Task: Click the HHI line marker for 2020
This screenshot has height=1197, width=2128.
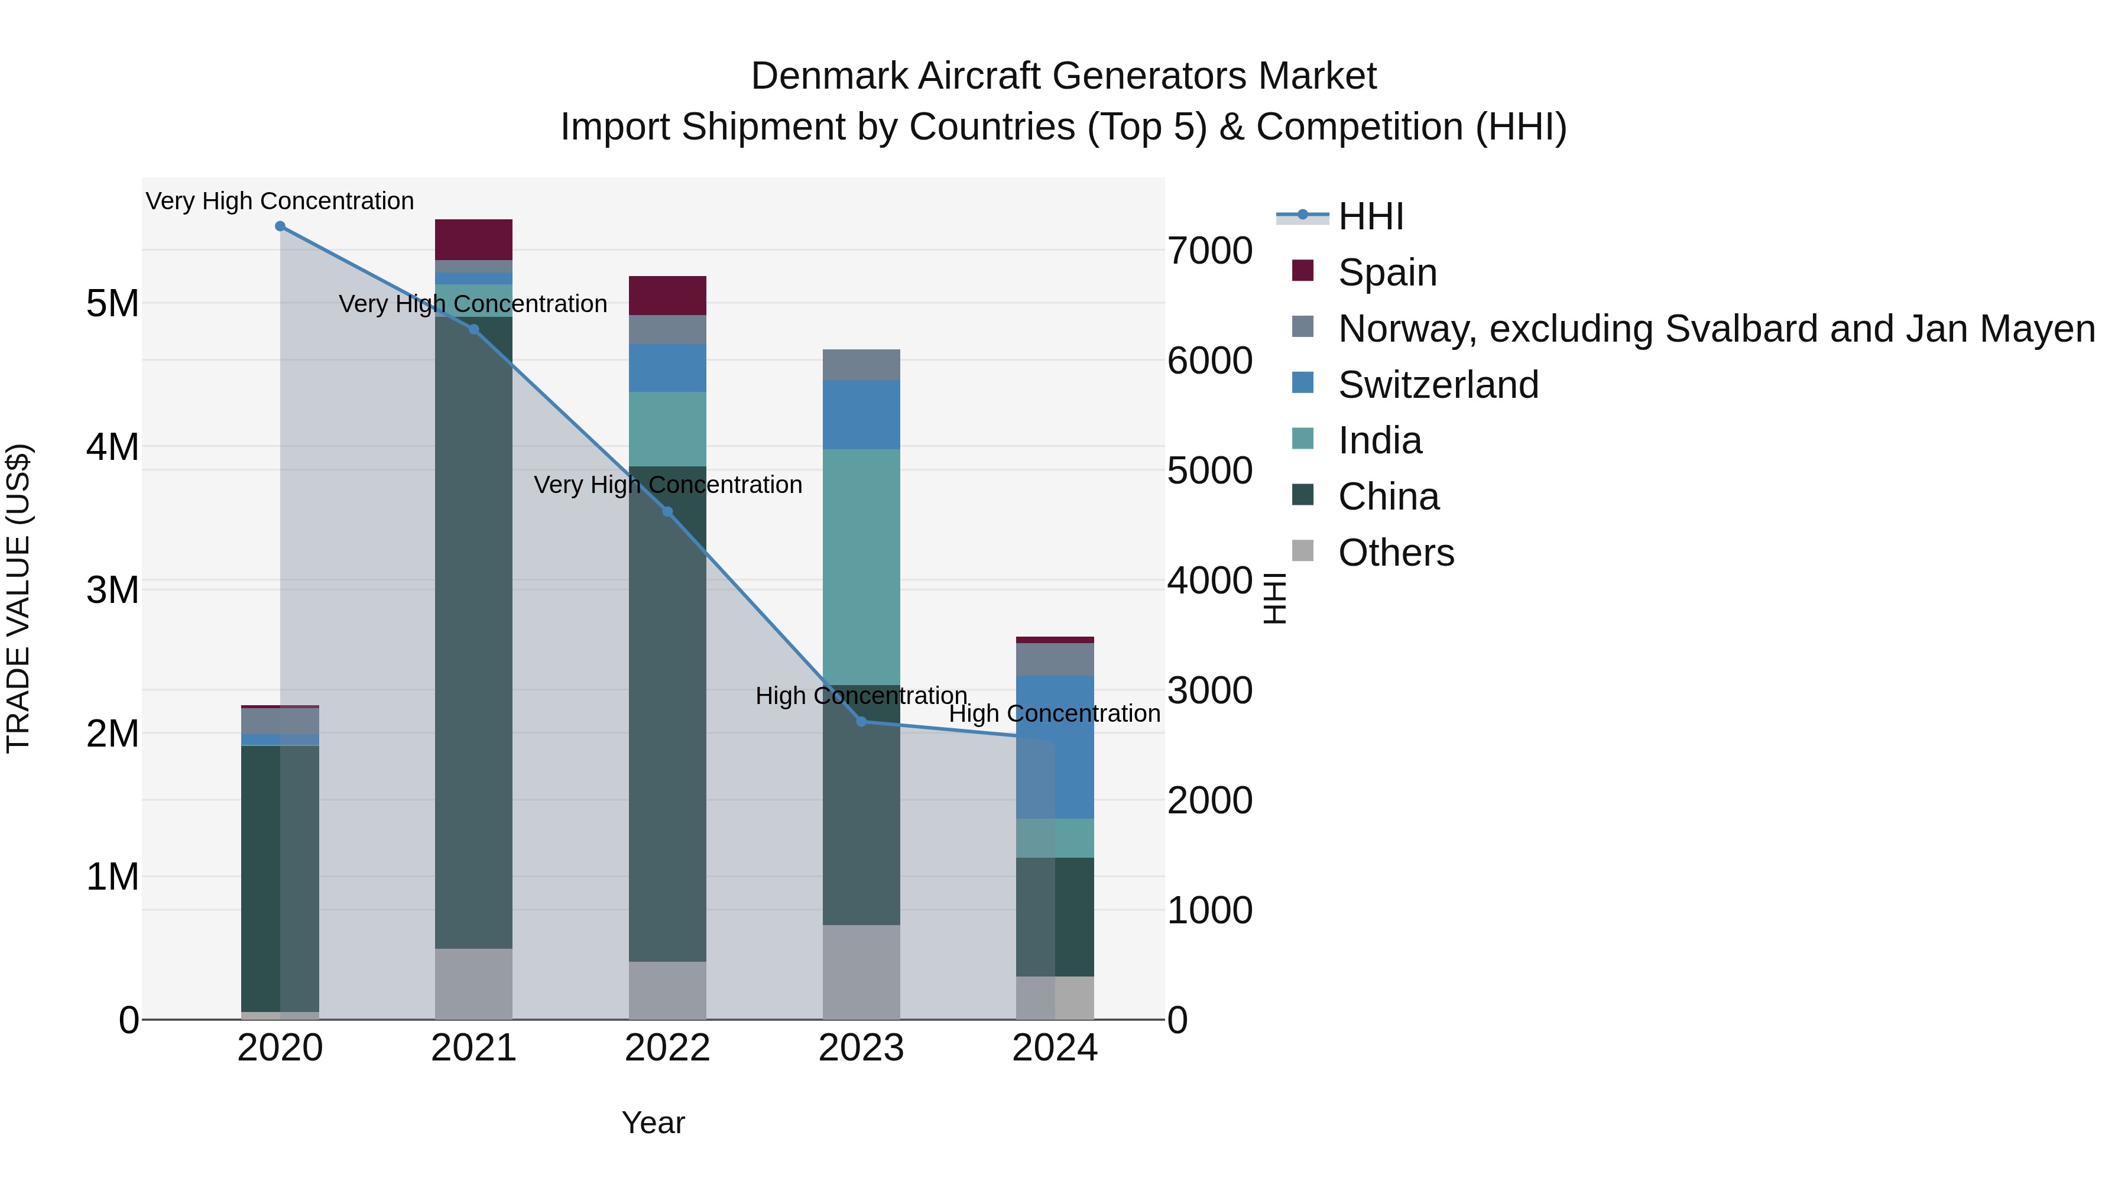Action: pyautogui.click(x=280, y=226)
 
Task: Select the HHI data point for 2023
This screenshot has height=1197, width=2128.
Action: pyautogui.click(x=861, y=721)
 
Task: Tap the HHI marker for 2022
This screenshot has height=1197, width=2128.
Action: pyautogui.click(x=667, y=512)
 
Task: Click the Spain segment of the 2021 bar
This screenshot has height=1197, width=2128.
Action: pyautogui.click(x=473, y=239)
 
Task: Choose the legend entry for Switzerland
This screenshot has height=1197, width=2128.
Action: pyautogui.click(x=1438, y=385)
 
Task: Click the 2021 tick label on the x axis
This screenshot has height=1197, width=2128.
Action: pyautogui.click(x=473, y=1048)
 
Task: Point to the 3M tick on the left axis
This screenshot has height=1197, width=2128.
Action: pyautogui.click(x=112, y=590)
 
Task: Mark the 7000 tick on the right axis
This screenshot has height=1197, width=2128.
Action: pyautogui.click(x=1209, y=251)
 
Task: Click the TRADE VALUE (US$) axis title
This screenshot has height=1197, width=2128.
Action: pyautogui.click(x=19, y=598)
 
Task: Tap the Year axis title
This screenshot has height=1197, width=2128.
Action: pyautogui.click(x=653, y=1123)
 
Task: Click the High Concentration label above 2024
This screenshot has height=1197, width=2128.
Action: pyautogui.click(x=1054, y=713)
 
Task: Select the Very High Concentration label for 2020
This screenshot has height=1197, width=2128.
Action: pyautogui.click(x=280, y=201)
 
